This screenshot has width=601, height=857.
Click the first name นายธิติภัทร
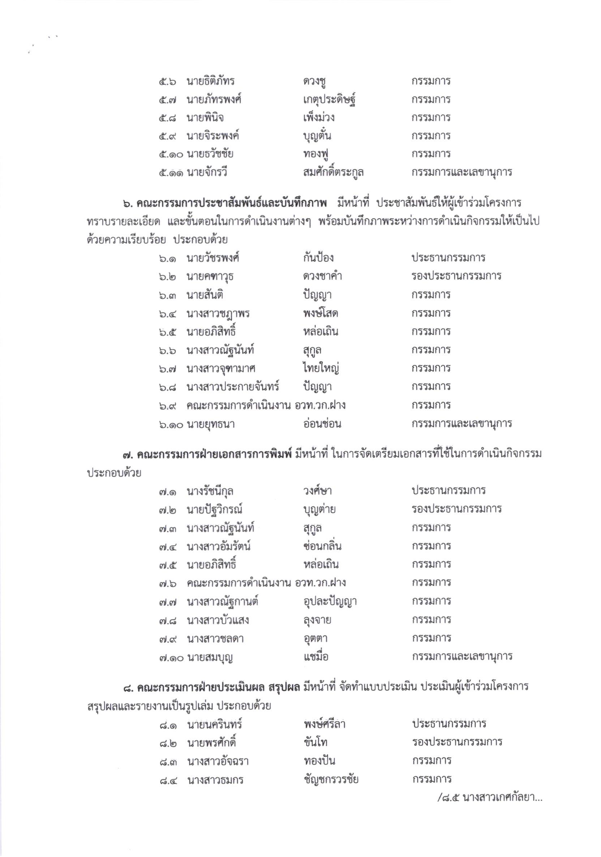tap(211, 81)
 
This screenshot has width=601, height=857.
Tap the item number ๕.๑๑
tap(170, 173)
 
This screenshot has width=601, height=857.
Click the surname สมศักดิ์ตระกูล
tap(334, 173)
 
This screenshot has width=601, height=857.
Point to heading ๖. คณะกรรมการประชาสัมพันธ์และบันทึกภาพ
tap(225, 204)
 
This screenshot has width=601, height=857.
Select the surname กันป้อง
tap(318, 258)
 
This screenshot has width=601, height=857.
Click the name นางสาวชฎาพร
tap(218, 314)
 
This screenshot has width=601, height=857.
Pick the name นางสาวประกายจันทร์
tap(233, 387)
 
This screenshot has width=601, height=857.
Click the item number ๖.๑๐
tap(170, 424)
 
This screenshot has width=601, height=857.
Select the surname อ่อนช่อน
tap(322, 424)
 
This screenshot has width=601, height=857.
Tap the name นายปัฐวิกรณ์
tap(215, 509)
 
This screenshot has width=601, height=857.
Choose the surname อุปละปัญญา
tap(330, 602)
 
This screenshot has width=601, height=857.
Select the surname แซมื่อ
tap(316, 657)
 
